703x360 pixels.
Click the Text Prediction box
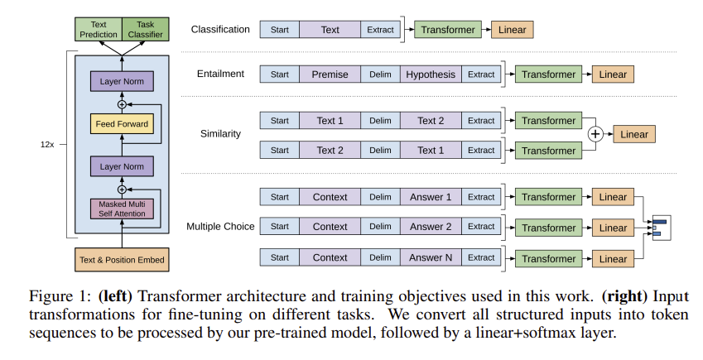tap(99, 30)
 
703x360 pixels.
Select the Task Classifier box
tap(146, 30)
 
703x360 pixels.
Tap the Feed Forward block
tap(122, 124)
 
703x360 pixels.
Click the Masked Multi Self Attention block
tap(122, 209)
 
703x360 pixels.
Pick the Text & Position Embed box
tap(122, 260)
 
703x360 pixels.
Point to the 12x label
tap(47, 143)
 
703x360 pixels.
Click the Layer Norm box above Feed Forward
tap(122, 81)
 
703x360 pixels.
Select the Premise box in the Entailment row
tap(330, 74)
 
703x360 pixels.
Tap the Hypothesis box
tap(431, 74)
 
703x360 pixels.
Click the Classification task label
tap(220, 30)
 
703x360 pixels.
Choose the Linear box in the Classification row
tap(512, 30)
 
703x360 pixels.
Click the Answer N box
tap(431, 257)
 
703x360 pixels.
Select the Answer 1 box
tap(431, 197)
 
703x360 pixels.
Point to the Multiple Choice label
tap(220, 227)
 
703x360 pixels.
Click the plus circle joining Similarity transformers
tap(594, 134)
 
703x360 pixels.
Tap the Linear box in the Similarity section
tap(634, 134)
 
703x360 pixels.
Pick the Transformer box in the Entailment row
tap(548, 74)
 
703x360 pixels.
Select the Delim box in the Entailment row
tap(380, 74)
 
